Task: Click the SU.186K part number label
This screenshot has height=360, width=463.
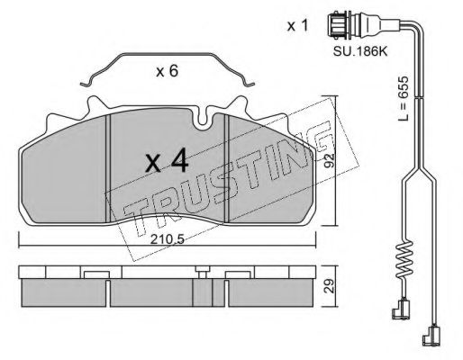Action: tap(360, 52)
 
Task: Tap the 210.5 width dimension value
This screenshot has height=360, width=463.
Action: tap(168, 239)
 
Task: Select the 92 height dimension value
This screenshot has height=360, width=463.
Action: tap(330, 160)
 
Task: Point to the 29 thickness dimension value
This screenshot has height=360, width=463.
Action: tap(330, 285)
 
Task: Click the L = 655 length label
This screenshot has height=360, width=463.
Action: tap(404, 98)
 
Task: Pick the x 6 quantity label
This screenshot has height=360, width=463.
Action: tap(168, 71)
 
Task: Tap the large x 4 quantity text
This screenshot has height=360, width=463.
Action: tap(167, 161)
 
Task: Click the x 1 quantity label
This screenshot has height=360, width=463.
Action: tap(297, 26)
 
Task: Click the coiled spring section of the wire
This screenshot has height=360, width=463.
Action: tap(405, 259)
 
